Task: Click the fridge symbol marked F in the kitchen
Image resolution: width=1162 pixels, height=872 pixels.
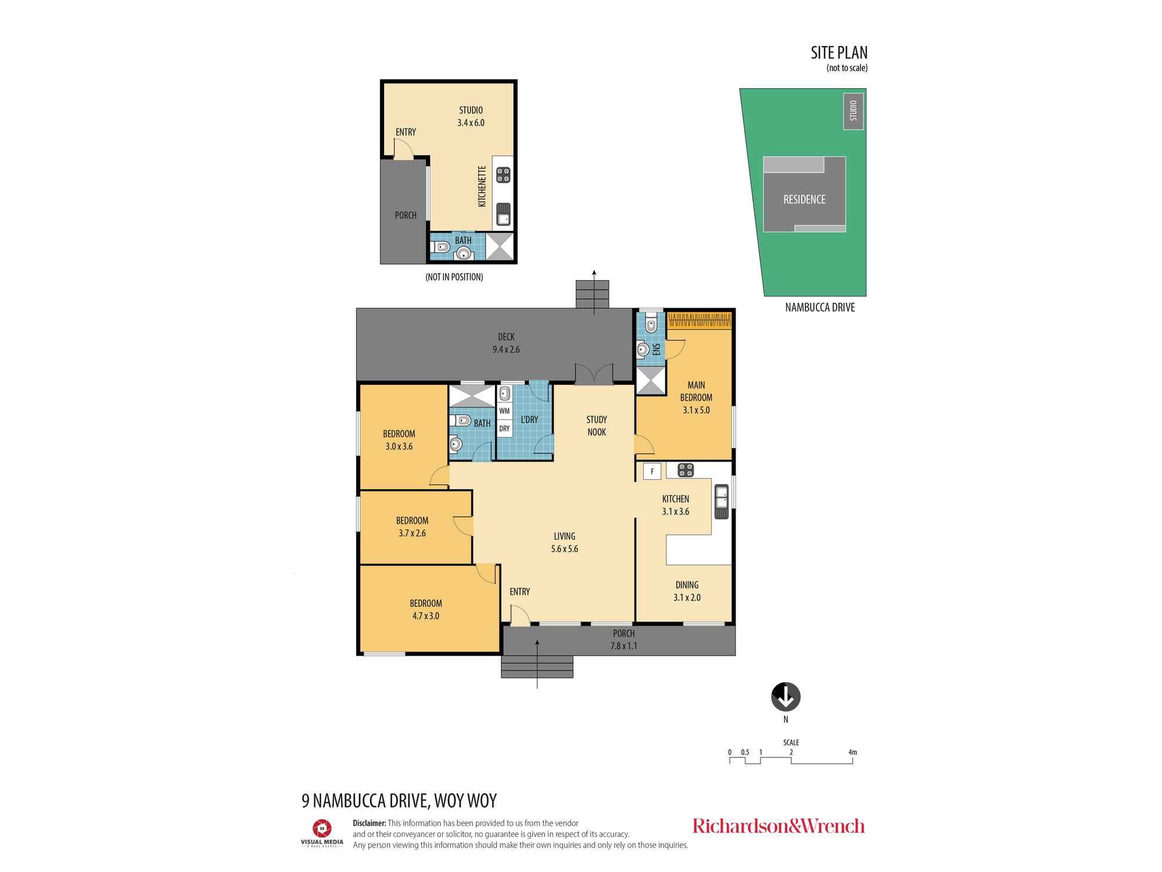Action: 652,471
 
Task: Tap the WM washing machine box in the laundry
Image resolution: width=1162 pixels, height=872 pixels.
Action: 504,410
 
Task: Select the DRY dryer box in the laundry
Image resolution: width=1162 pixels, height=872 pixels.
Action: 504,428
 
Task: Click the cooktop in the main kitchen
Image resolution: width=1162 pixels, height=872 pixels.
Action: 686,470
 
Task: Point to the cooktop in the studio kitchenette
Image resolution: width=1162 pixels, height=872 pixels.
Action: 503,175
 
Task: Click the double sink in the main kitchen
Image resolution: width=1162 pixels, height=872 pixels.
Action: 721,501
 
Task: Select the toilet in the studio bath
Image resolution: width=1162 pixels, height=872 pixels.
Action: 440,247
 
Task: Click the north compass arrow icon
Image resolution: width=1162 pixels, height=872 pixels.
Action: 786,696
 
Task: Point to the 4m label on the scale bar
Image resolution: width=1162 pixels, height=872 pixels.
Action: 852,752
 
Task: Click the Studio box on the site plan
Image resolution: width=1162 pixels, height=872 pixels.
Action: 853,111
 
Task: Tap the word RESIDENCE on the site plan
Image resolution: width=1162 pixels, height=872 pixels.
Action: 804,199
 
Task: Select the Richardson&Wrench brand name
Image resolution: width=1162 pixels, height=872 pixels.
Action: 778,826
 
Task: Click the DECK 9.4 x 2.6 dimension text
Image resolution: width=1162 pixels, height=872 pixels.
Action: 506,349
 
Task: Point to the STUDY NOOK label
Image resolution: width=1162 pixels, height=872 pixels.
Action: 596,426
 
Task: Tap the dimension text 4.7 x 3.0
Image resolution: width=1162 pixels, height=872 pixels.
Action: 425,616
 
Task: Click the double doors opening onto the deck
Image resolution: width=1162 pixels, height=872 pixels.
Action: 594,375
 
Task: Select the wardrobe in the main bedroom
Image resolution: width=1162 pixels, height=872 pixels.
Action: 700,320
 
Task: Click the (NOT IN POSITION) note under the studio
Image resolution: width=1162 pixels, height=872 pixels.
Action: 454,277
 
